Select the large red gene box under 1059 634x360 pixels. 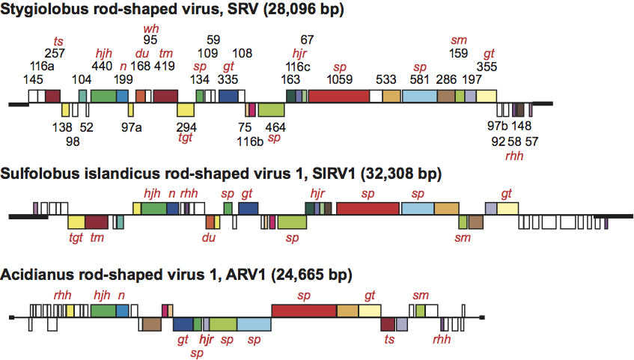point(338,96)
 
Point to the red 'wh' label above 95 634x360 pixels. point(150,28)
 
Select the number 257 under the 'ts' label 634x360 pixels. point(55,53)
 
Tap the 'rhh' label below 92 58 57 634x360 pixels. point(515,153)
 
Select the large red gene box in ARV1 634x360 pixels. point(303,311)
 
